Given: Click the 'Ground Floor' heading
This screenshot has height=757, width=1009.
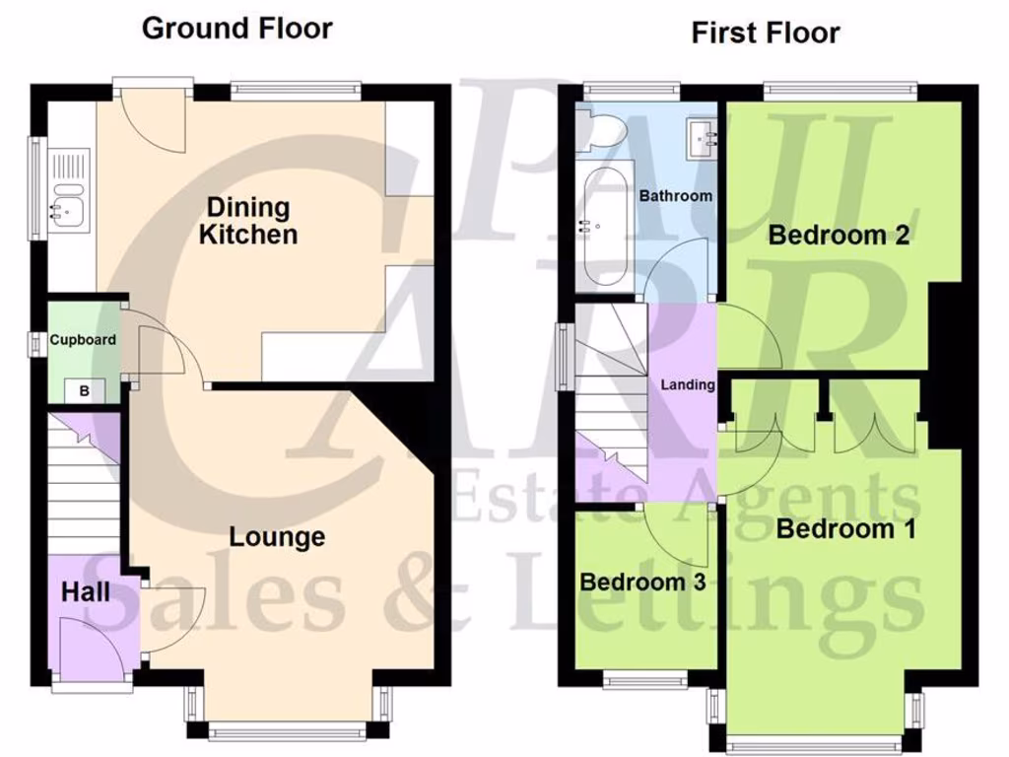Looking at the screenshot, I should coord(237,28).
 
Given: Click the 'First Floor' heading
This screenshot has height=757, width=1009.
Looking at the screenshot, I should coord(765,33).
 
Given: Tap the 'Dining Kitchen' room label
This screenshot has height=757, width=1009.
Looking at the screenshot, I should coord(247,221).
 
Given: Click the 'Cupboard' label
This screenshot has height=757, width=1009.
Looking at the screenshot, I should coord(84,340).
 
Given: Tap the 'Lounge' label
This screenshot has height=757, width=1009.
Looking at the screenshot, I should coord(277,537).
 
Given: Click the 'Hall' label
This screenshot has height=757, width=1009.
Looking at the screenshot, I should coord(86,591).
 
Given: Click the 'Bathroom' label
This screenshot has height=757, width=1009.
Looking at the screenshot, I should coord(675,196).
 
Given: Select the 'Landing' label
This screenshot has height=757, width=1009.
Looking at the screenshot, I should coord(687,384).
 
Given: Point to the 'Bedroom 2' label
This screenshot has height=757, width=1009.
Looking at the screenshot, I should coord(838,236).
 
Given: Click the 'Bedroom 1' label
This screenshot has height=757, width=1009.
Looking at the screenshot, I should coord(845,529).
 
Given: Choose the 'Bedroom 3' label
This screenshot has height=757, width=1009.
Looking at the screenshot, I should coord(642,582).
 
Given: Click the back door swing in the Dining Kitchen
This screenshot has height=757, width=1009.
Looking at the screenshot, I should coord(153,120).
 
